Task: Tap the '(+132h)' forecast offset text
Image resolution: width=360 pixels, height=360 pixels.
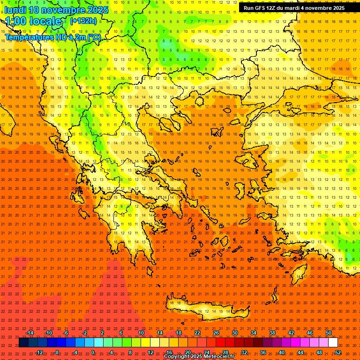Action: (83, 21)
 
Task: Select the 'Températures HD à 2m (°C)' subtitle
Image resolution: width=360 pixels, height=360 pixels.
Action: (52, 37)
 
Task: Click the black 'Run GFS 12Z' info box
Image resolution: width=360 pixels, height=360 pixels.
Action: (294, 8)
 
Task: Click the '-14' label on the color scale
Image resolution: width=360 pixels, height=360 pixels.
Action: (30, 333)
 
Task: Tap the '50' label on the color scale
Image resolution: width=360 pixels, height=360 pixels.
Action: (329, 333)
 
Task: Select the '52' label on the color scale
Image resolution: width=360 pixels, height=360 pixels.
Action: (338, 352)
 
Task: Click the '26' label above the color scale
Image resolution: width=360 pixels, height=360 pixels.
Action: (216, 333)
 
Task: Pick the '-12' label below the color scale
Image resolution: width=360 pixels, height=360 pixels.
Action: (39, 352)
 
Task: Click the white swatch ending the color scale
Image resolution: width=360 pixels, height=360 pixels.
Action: (333, 343)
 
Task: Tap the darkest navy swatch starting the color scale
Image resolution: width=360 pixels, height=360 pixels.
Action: (24, 343)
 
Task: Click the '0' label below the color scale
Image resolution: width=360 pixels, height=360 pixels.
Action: (93, 352)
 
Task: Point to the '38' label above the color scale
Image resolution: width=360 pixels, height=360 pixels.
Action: (272, 333)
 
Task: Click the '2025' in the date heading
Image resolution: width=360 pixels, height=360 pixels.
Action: (97, 10)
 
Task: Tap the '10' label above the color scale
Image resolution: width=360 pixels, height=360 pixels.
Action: (141, 333)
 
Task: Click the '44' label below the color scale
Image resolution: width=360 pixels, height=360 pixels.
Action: (300, 352)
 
